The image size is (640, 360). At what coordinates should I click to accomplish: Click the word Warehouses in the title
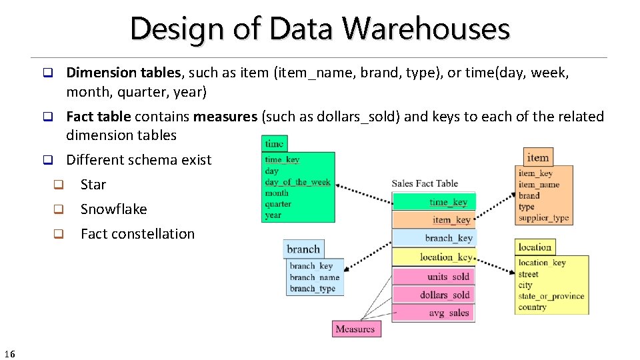coord(427,29)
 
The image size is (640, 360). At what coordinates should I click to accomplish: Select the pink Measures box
coord(355,329)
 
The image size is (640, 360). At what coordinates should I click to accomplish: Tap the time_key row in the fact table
coord(433,202)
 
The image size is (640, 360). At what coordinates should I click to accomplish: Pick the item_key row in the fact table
coord(433,220)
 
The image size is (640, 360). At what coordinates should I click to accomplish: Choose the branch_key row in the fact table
coord(433,238)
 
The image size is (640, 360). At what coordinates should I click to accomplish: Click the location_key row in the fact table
coord(433,257)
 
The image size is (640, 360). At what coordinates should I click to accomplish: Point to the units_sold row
coord(433,276)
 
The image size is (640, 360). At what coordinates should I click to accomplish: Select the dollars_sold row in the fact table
coord(433,295)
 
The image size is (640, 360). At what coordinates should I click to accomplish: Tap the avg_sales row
coord(433,313)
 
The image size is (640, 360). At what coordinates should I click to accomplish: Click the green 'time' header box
coord(274,143)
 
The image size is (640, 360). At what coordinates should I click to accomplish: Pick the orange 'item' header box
coord(538,157)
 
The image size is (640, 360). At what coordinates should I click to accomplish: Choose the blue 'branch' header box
coord(303,249)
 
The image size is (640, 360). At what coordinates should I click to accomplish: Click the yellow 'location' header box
coord(535,247)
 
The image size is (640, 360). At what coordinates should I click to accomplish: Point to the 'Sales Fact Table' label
coord(425,183)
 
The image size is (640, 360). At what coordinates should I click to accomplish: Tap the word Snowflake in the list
coord(113,209)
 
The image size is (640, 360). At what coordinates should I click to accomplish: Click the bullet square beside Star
coord(58,185)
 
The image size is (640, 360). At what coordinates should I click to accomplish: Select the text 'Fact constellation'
coord(137,234)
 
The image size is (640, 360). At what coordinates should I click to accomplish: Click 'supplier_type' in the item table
coord(543,218)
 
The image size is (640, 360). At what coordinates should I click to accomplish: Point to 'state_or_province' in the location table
coord(551,296)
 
